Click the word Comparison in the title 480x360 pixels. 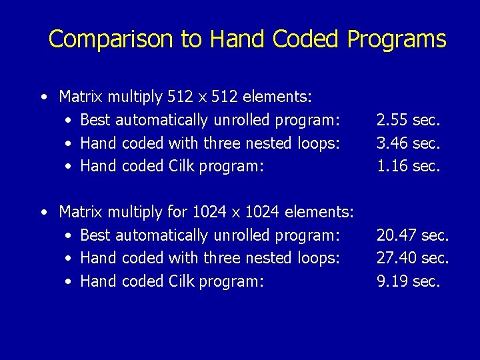[x=111, y=39]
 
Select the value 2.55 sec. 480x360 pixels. [x=408, y=120]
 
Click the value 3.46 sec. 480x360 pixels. [x=408, y=143]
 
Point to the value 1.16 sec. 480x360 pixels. [x=408, y=165]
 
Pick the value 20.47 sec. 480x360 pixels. [x=412, y=235]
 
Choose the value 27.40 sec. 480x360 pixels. [x=412, y=258]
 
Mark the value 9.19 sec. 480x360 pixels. [x=408, y=281]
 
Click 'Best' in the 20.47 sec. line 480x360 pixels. [x=95, y=235]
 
